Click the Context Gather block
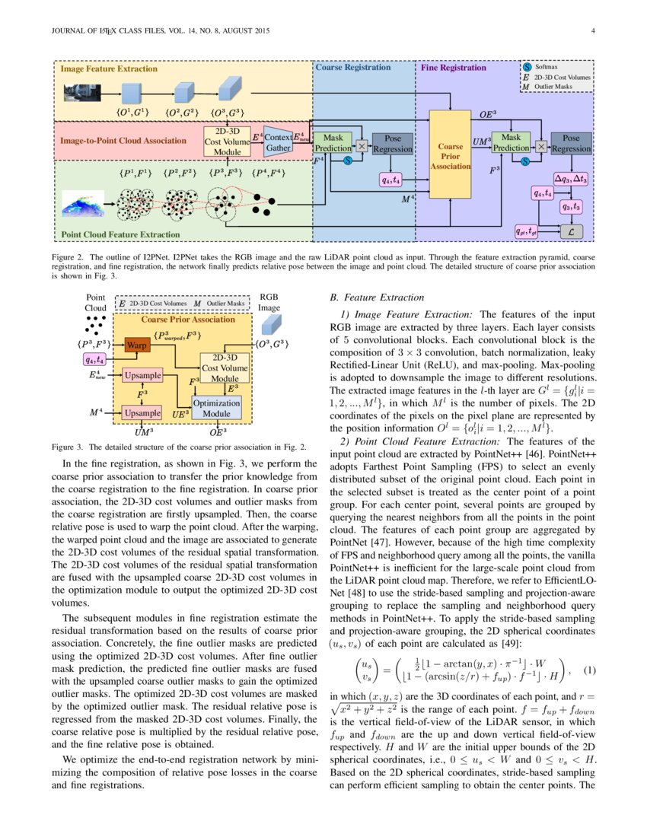coord(278,142)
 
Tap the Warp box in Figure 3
coord(139,345)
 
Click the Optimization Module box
coord(216,407)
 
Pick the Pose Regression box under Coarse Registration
coord(393,144)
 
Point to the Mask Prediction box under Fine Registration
coord(510,142)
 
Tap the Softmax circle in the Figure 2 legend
coord(527,67)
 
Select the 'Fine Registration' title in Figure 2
coord(454,68)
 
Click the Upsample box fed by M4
coord(142,412)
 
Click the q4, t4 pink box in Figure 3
coord(96,359)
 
